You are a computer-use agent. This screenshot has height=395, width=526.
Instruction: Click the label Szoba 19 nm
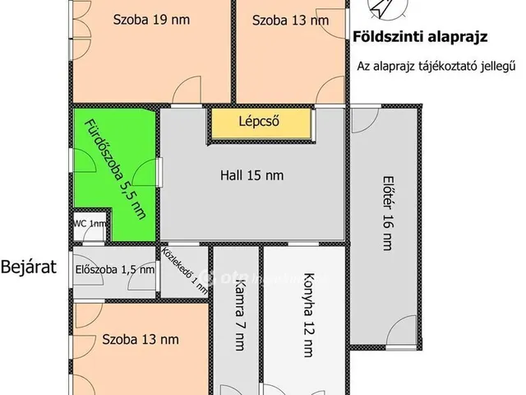click(149, 20)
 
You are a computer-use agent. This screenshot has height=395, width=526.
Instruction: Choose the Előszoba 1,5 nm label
click(114, 268)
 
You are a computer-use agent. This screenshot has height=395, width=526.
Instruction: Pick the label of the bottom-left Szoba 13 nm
click(140, 338)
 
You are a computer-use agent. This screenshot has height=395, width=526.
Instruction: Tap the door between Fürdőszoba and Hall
click(150, 173)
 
